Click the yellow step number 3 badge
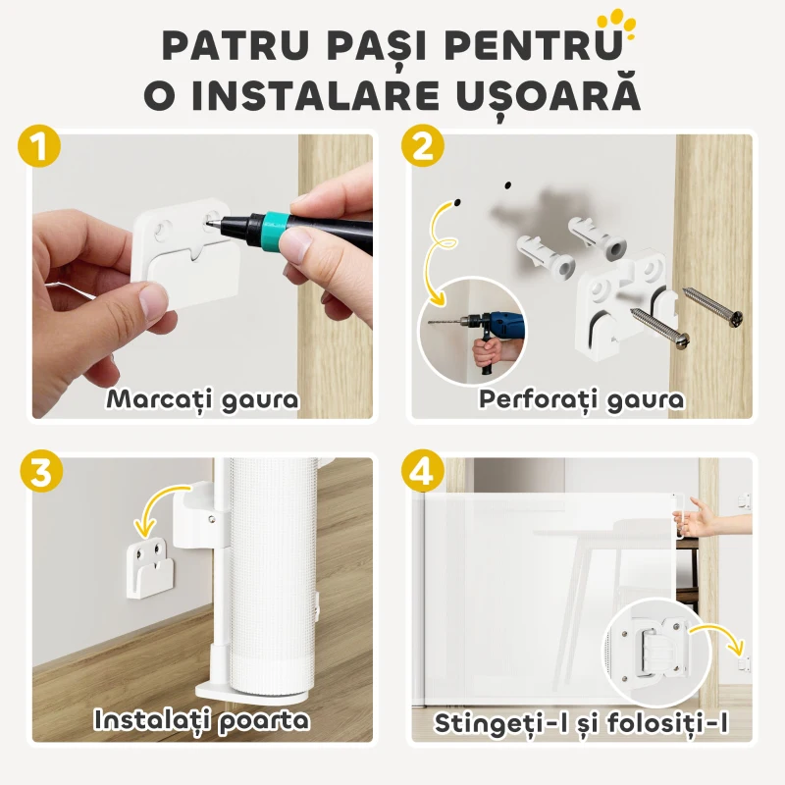pyautogui.click(x=40, y=471)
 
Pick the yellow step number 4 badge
pyautogui.click(x=423, y=471)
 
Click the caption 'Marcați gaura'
pyautogui.click(x=202, y=399)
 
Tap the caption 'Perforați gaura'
pyautogui.click(x=581, y=399)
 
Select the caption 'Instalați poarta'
pyautogui.click(x=202, y=720)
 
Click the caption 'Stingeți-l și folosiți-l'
pyautogui.click(x=583, y=724)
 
